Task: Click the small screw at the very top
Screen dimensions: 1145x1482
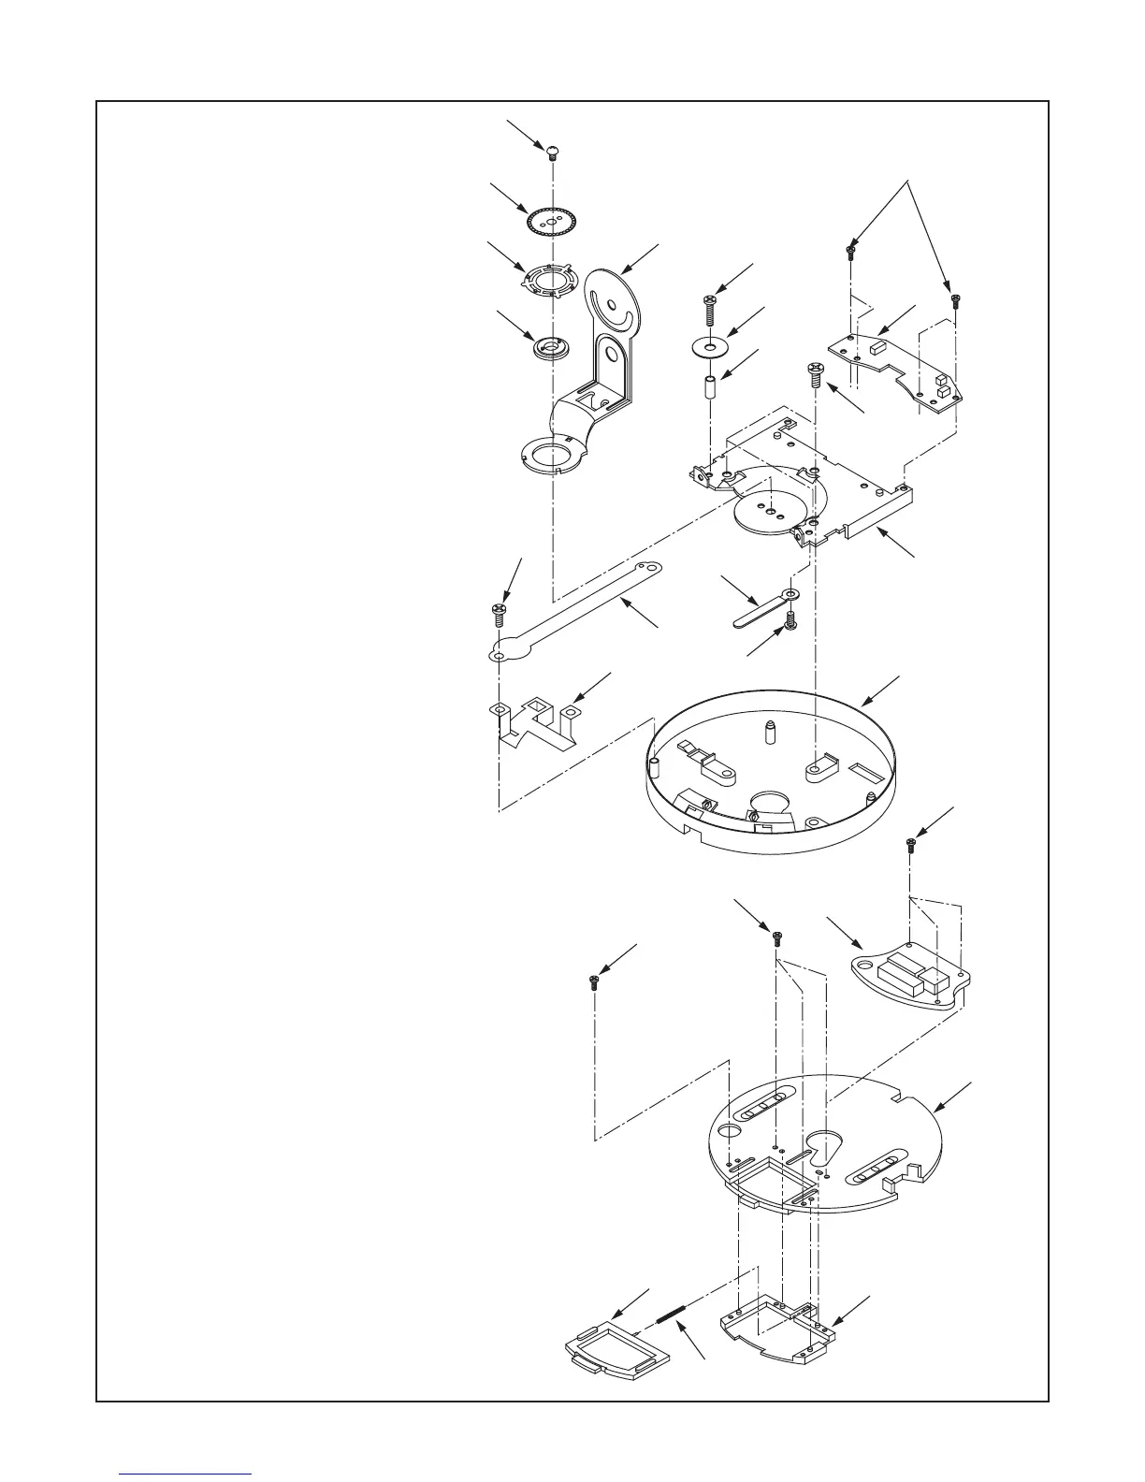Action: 553,150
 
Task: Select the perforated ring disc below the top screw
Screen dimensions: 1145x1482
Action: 552,222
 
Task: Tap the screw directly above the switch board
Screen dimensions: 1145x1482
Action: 910,846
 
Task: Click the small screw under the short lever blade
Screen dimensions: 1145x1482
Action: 791,620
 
